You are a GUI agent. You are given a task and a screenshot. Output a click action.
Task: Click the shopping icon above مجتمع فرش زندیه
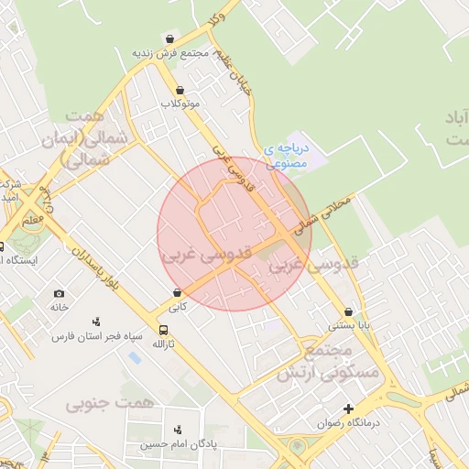tap(170, 39)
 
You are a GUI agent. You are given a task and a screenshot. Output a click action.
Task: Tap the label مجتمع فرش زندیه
tap(169, 53)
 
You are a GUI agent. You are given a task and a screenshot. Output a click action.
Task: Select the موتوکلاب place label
tap(180, 104)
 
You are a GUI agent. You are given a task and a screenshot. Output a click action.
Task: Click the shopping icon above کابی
tap(177, 292)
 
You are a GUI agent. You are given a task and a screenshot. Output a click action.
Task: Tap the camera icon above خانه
tap(60, 293)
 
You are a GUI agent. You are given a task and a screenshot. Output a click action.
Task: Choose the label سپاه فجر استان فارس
tap(97, 336)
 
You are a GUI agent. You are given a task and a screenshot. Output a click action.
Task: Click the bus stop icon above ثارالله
tap(163, 330)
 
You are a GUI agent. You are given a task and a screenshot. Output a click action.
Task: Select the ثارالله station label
tap(162, 344)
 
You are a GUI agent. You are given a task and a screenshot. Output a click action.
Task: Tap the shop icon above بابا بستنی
tap(348, 311)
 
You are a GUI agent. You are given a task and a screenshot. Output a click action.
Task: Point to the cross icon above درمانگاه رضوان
tap(348, 409)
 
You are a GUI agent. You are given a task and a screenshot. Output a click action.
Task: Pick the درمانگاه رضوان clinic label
tap(348, 423)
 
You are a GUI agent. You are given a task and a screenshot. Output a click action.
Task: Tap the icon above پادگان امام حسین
tap(178, 429)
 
